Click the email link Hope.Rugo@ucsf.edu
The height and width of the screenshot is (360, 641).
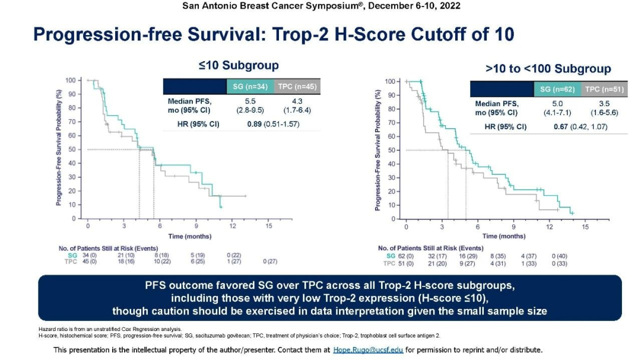click(369, 350)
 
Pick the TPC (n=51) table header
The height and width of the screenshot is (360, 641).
click(604, 90)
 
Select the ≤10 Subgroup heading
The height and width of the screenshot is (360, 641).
click(239, 65)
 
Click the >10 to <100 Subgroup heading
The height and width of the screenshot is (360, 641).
click(548, 69)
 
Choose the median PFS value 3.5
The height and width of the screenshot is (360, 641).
click(604, 104)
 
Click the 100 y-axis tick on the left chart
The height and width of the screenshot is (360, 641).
click(70, 79)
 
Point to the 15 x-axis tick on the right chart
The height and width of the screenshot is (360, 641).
click(585, 227)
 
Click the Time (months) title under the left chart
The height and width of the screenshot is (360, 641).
click(189, 236)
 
